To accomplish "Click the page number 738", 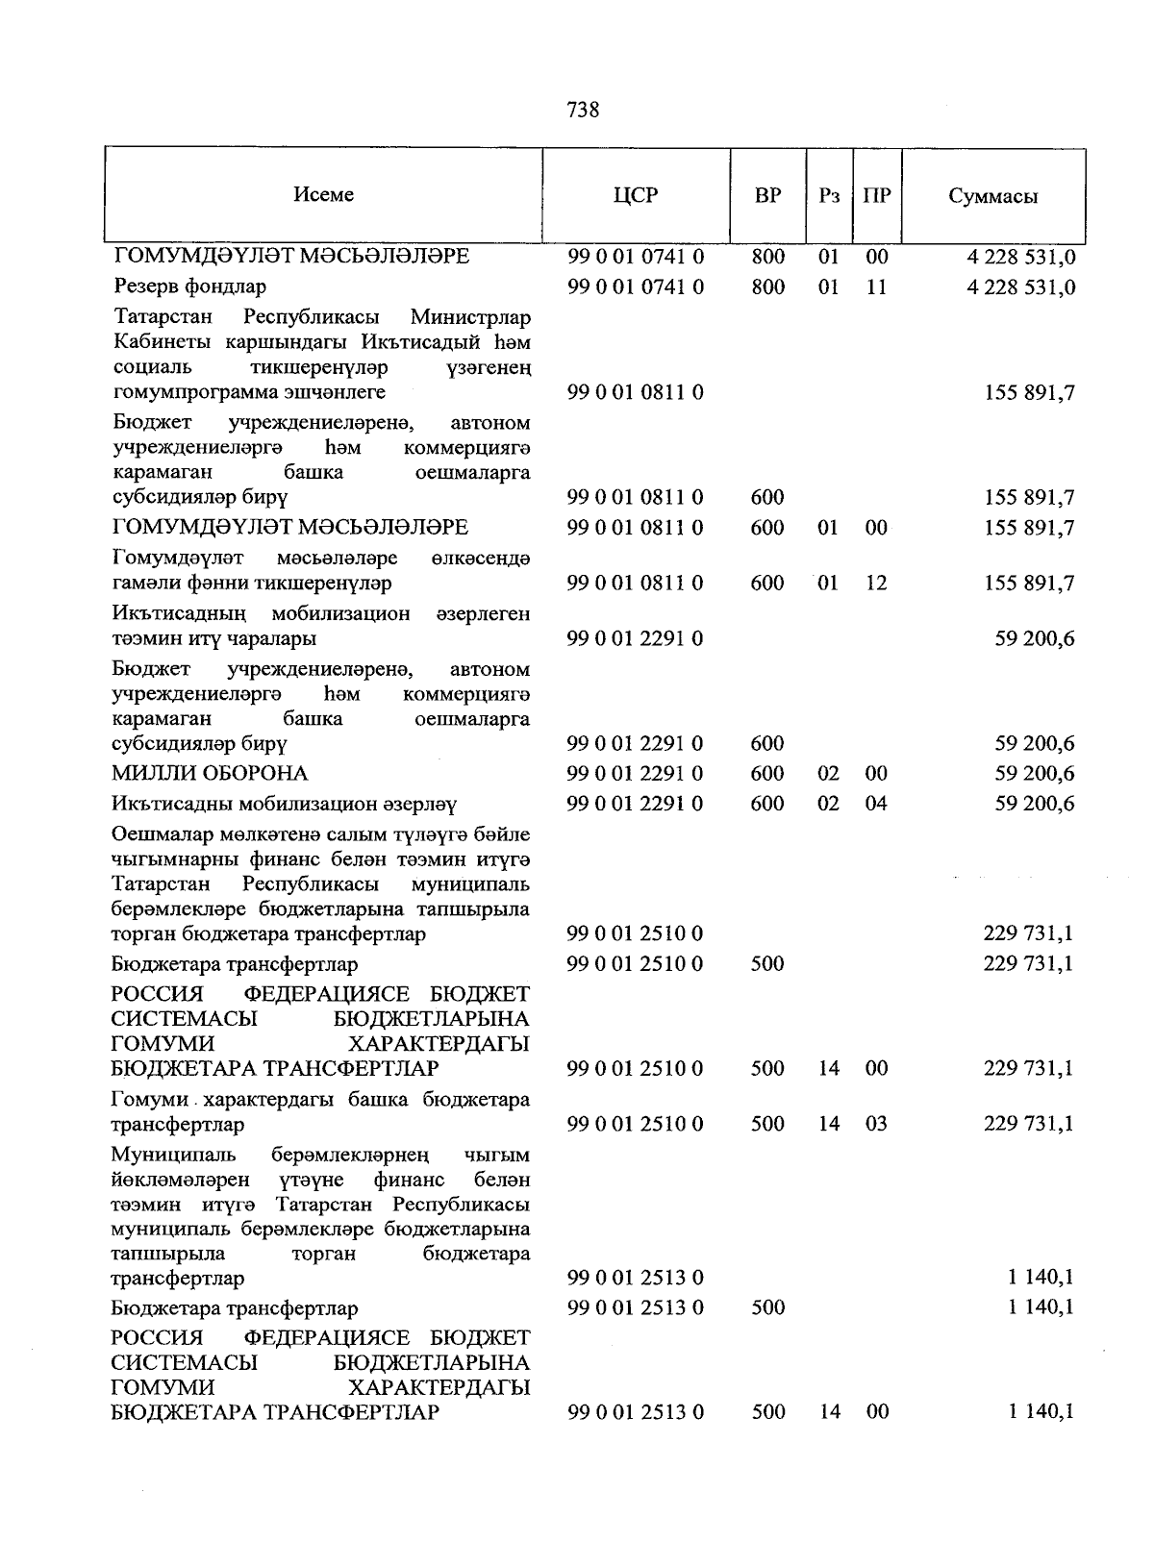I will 584,111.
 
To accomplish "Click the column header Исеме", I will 324,195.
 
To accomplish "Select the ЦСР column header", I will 636,196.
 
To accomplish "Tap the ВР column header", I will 767,196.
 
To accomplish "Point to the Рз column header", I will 829,196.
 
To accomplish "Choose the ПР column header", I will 876,196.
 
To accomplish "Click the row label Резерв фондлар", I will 189,286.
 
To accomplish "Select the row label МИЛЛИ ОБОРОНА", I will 210,773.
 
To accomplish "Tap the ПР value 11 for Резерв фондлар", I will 876,286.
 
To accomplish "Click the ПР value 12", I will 876,583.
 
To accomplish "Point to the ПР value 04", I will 876,803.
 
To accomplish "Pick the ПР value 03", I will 876,1123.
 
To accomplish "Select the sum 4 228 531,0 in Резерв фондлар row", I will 1021,286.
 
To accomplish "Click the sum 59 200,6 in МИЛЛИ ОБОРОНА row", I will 1035,773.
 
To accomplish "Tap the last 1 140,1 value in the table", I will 1041,1411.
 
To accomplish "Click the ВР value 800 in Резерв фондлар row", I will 767,286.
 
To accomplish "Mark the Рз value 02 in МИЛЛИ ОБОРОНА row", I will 829,773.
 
